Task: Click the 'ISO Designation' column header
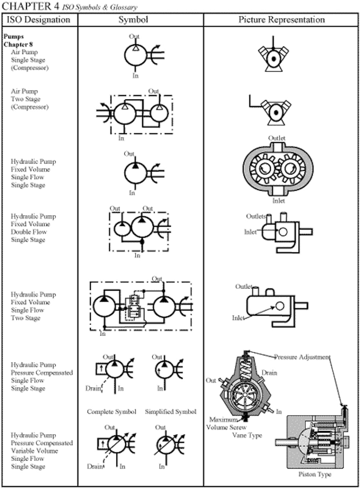coord(39,20)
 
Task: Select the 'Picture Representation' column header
coord(281,20)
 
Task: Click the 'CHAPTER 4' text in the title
coord(30,6)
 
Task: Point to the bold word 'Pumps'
coord(14,37)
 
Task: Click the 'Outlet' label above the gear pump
coord(277,138)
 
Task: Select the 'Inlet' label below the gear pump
coord(279,201)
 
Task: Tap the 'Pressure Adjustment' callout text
coord(302,357)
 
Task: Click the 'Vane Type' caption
coord(247,435)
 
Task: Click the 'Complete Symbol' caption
coord(111,412)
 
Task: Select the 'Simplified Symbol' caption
coord(171,412)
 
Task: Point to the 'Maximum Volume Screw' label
coord(227,424)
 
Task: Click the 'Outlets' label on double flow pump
coord(256,217)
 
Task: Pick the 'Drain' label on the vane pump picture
coord(269,373)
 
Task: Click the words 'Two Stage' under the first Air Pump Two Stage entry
coord(25,99)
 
